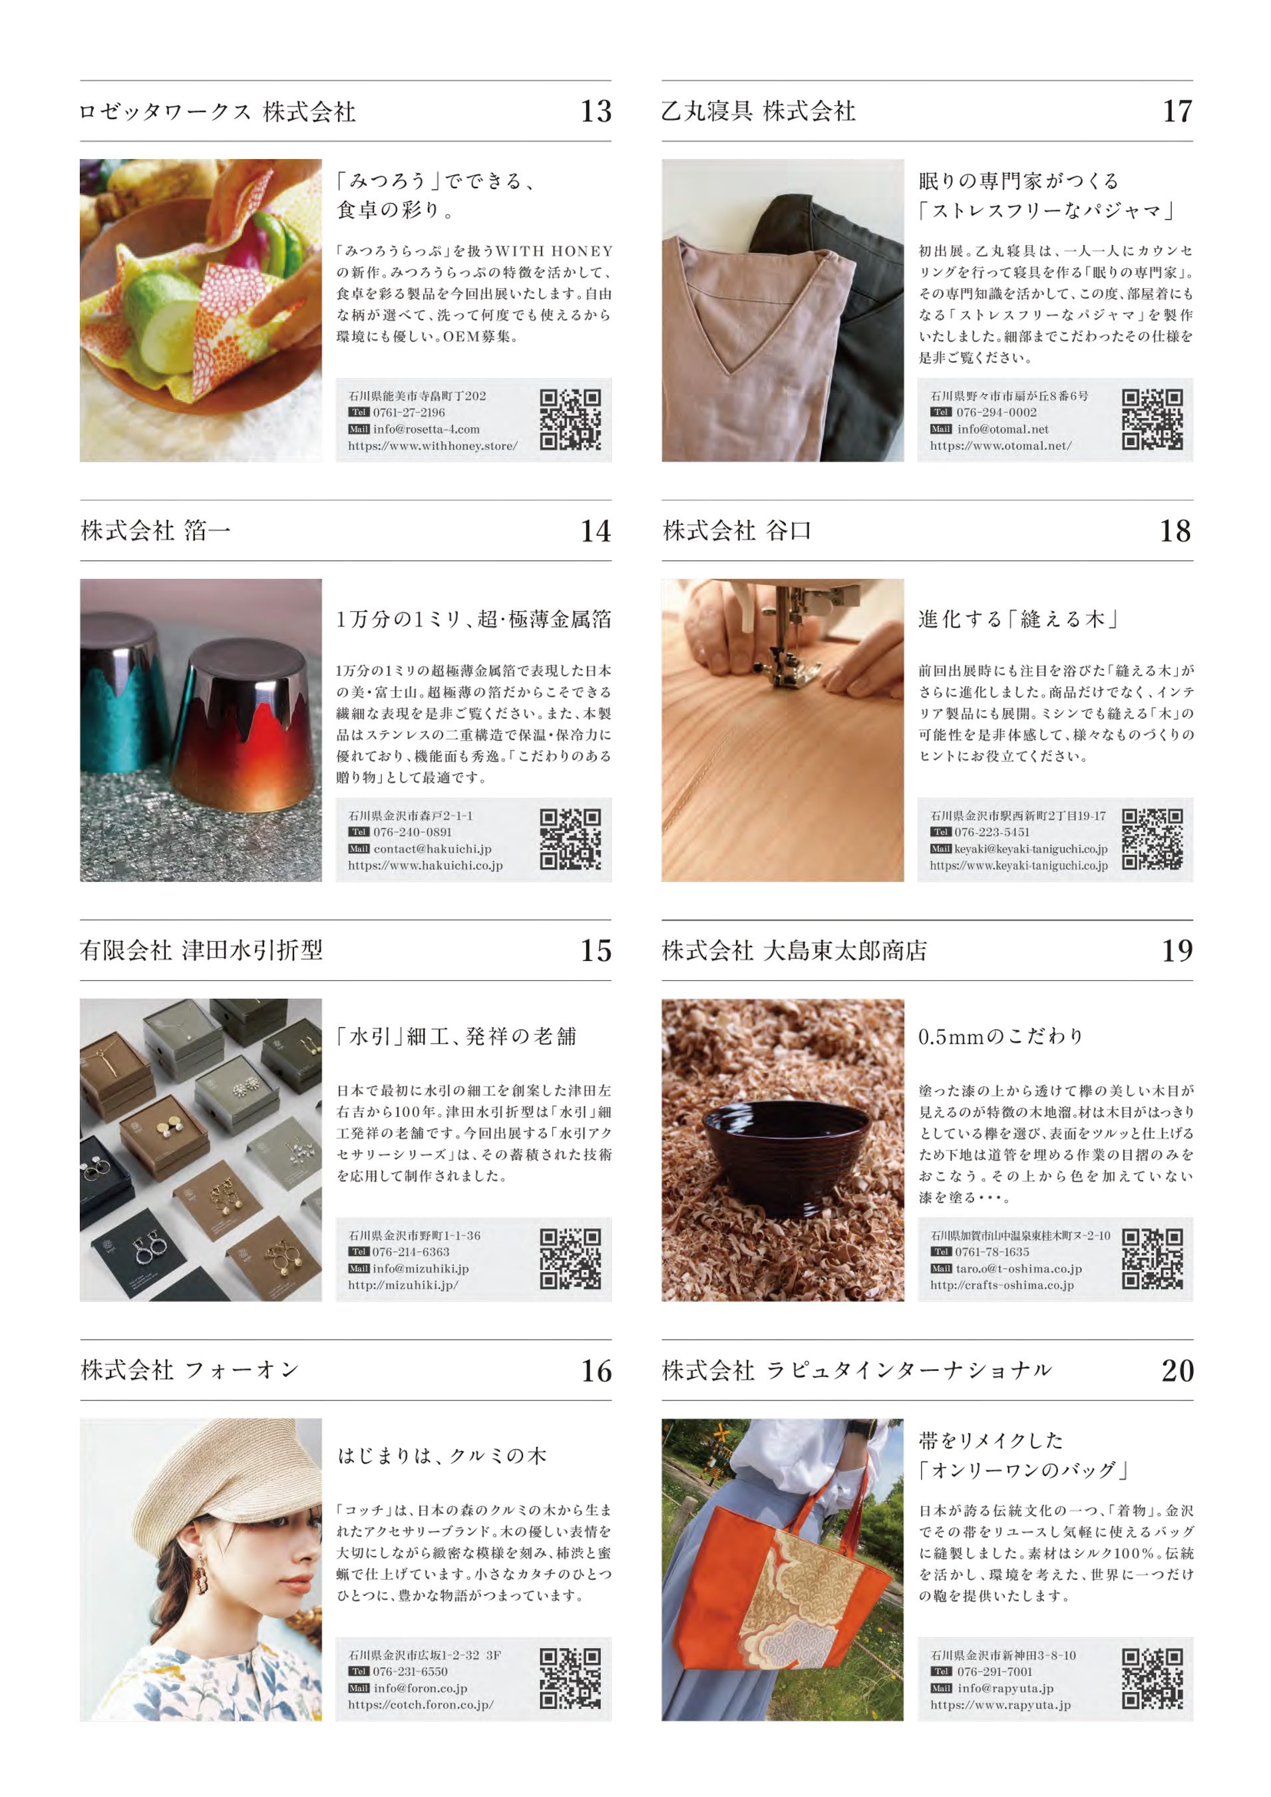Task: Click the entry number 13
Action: pyautogui.click(x=596, y=111)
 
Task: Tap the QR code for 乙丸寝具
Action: pyautogui.click(x=1152, y=419)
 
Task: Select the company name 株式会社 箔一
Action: pyautogui.click(x=156, y=530)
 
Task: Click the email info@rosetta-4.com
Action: pyautogui.click(x=426, y=429)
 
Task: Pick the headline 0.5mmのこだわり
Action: pyautogui.click(x=1001, y=1036)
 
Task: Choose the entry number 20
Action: pyautogui.click(x=1177, y=1370)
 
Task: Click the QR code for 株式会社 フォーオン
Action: pyautogui.click(x=570, y=1679)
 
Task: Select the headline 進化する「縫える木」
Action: pyautogui.click(x=1018, y=619)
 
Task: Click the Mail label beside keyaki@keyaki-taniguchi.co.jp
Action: pyautogui.click(x=941, y=849)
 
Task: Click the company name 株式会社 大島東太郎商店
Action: pyautogui.click(x=794, y=950)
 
